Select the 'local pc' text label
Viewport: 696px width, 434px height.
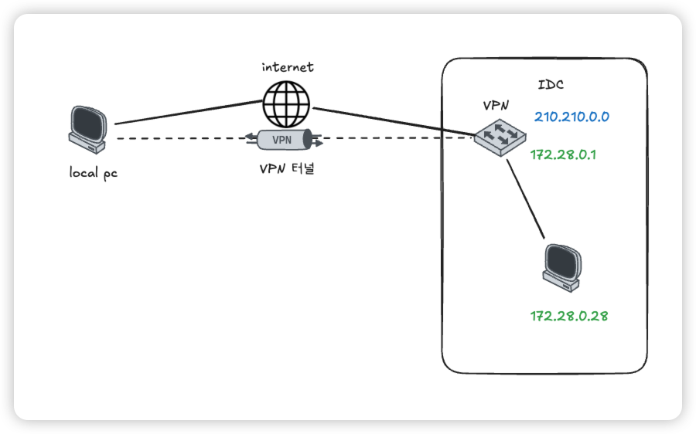pyautogui.click(x=93, y=173)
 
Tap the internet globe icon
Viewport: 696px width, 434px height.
pyautogui.click(x=285, y=104)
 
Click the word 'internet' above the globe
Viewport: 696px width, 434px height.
pyautogui.click(x=288, y=67)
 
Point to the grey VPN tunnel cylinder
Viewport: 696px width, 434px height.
pyautogui.click(x=283, y=140)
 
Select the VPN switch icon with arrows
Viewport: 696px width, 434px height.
pyautogui.click(x=501, y=136)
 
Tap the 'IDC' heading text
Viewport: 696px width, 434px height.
pyautogui.click(x=550, y=84)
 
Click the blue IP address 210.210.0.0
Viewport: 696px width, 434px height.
pyautogui.click(x=571, y=117)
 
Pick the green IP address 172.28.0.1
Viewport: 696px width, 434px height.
pyautogui.click(x=563, y=154)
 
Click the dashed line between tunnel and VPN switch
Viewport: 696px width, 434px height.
pyautogui.click(x=394, y=139)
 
